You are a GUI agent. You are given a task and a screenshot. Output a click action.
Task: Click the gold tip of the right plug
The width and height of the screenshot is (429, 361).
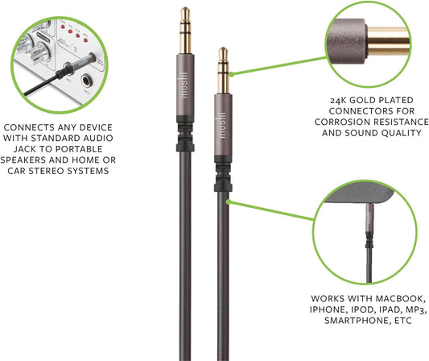(223, 52)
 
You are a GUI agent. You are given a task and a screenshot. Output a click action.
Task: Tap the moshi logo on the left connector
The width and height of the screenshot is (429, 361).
(184, 85)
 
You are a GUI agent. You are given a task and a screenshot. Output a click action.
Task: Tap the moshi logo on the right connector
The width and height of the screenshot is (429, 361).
(222, 125)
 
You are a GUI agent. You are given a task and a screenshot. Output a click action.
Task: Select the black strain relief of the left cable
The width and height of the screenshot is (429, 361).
(185, 134)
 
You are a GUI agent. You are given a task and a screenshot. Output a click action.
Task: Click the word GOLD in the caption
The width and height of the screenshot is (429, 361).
(363, 100)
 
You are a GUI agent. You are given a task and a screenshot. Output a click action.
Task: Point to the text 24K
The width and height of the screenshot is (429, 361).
(338, 101)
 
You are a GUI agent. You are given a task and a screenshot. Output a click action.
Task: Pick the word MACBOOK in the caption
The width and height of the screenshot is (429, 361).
(401, 298)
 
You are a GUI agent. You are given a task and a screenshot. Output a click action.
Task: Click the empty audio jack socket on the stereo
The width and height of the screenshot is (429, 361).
(86, 81)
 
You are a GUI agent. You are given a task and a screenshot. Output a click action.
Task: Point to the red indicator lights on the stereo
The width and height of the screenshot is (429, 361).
(74, 34)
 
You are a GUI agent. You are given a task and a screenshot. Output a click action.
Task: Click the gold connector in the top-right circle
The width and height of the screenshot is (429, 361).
(388, 42)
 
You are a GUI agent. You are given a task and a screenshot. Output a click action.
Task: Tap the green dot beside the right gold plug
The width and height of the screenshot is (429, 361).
(232, 74)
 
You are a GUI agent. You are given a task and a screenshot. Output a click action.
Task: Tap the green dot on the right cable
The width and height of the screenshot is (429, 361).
(228, 202)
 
